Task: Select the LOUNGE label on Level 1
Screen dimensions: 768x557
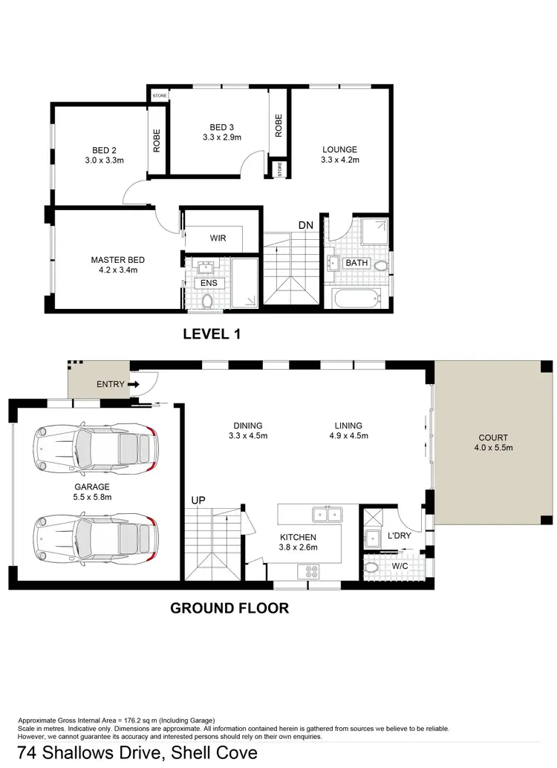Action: point(339,149)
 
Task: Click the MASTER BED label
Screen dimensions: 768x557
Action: point(117,260)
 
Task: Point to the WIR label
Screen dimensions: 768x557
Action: point(218,238)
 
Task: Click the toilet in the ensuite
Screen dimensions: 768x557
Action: point(208,301)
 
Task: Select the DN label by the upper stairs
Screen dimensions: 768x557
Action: point(305,225)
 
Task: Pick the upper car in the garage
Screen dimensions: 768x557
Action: point(94,449)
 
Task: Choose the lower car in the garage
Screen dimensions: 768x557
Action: point(94,533)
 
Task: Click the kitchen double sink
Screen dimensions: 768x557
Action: point(325,513)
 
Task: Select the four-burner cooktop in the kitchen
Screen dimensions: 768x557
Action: point(308,571)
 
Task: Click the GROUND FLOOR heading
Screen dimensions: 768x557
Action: point(229,608)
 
